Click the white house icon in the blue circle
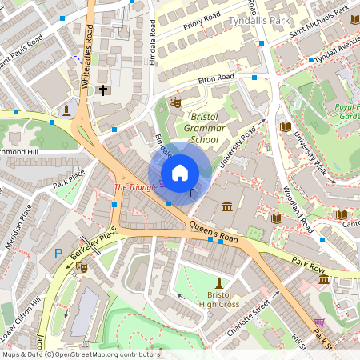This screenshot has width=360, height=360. pyautogui.click(x=179, y=172)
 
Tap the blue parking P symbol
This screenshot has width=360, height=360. pyautogui.click(x=58, y=254)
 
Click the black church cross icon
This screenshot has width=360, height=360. pyautogui.click(x=103, y=90)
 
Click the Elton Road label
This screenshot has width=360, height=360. pyautogui.click(x=216, y=78)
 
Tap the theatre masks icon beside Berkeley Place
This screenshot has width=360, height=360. pyautogui.click(x=81, y=270)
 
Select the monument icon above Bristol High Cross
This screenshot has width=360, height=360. pyautogui.click(x=220, y=282)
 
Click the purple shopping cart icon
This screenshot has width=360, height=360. pyautogui.click(x=321, y=322)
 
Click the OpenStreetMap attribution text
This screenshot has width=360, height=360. pyautogui.click(x=80, y=354)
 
